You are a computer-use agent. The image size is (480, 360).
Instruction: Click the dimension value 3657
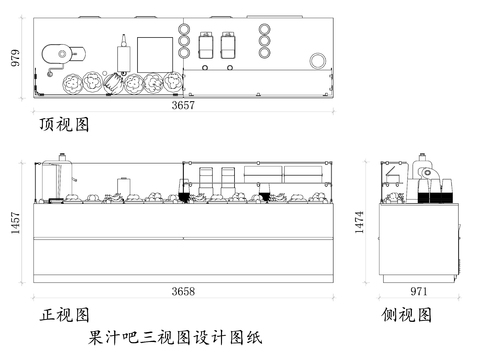[x=183, y=104]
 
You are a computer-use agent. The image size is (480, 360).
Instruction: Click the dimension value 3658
[x=183, y=291]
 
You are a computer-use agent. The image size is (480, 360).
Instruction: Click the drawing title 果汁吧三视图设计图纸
[x=174, y=337]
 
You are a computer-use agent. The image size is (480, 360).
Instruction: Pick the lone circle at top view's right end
[x=318, y=61]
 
